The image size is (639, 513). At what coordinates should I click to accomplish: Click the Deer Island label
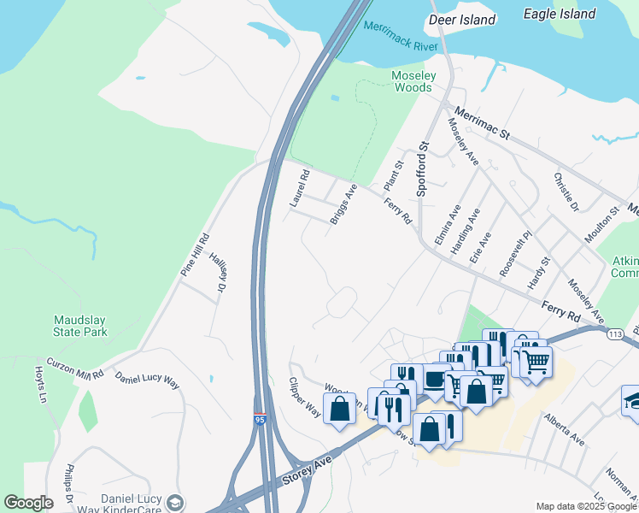click(462, 20)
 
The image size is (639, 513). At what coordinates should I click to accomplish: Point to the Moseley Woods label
click(413, 81)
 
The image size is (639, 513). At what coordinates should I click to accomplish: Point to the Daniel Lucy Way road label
click(147, 380)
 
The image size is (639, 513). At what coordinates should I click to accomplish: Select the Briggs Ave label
click(343, 203)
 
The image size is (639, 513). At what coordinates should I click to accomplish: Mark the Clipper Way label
click(304, 397)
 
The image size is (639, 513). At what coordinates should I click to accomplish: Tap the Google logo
click(28, 503)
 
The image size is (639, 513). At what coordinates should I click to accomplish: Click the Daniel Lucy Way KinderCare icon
click(175, 503)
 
